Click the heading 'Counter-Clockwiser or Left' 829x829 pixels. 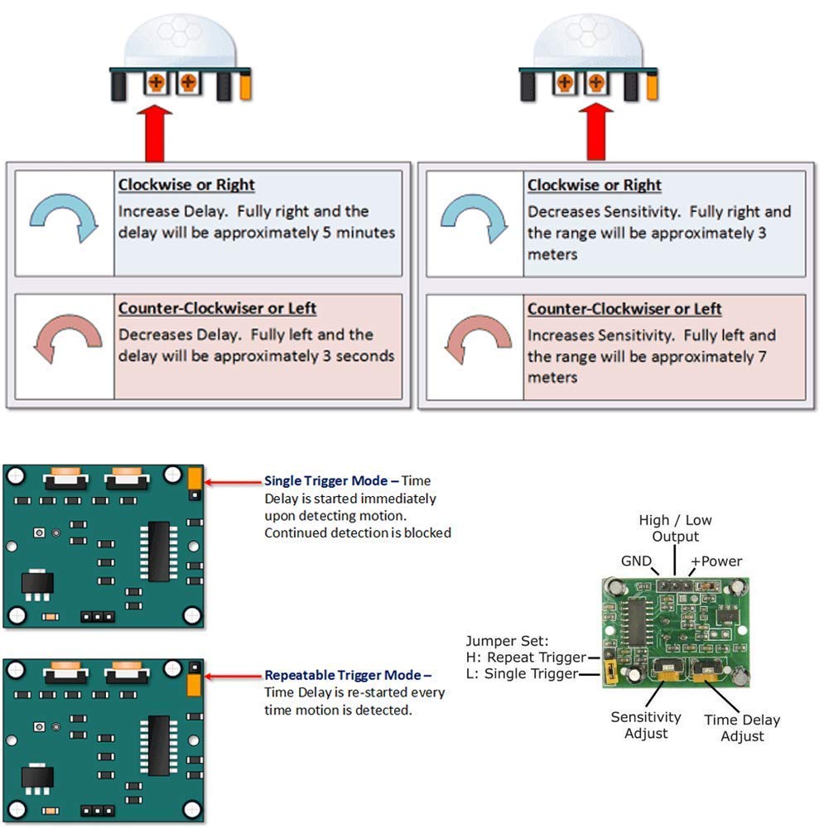click(x=217, y=308)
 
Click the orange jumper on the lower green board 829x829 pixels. click(x=195, y=685)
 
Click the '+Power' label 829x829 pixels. click(x=716, y=561)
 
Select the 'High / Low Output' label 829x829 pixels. click(x=675, y=528)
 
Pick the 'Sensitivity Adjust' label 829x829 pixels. click(x=646, y=725)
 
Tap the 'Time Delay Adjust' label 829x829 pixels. click(x=742, y=728)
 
